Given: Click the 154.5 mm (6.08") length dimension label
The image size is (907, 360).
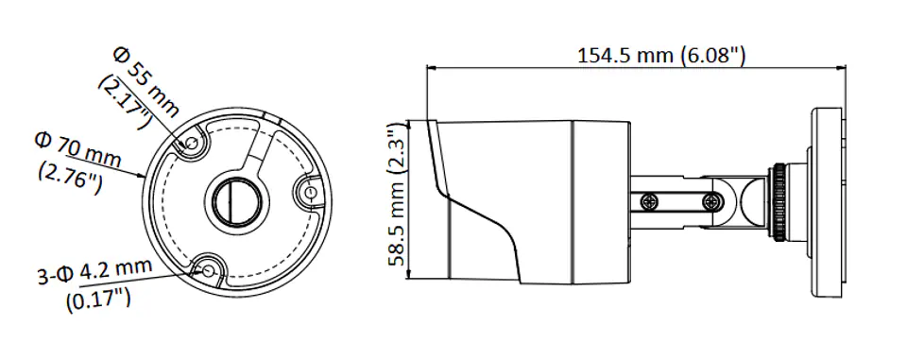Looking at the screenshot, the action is [x=661, y=56].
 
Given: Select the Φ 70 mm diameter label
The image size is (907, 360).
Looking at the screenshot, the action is [x=78, y=150].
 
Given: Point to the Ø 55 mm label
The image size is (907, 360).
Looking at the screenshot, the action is [x=146, y=81].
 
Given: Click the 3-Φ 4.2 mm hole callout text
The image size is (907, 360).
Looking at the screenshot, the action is [x=94, y=271].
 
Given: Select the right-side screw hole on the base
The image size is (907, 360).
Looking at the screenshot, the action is [x=311, y=192].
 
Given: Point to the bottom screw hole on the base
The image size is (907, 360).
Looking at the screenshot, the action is [x=208, y=270].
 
